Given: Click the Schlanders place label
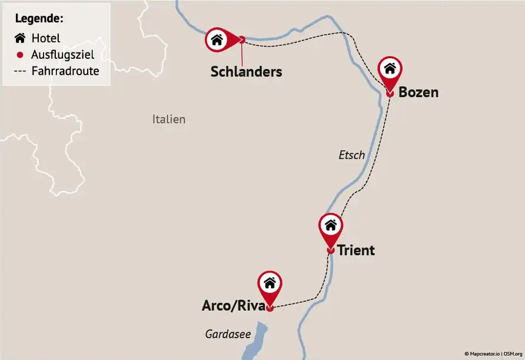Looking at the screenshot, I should (246, 72).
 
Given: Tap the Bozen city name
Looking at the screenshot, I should (418, 92).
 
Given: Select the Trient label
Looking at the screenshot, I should (355, 250).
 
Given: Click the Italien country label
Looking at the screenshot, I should (169, 119).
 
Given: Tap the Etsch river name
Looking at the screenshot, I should (352, 155).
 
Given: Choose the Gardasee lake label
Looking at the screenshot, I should (228, 334).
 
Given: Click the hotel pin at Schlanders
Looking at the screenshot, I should (217, 40).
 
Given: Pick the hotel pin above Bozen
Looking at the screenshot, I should (390, 68).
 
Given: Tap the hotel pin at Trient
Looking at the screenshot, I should (331, 225).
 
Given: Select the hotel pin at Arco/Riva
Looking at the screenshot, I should (270, 283).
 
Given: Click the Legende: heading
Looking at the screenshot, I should (39, 18).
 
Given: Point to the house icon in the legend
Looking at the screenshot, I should (20, 38).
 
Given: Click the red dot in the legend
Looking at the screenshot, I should (20, 55).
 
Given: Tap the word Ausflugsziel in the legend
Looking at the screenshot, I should (62, 55).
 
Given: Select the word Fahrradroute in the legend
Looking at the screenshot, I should (65, 71).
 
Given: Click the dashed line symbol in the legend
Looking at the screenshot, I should (20, 71).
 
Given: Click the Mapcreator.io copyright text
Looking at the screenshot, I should (483, 354).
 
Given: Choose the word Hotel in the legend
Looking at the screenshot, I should (46, 38).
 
